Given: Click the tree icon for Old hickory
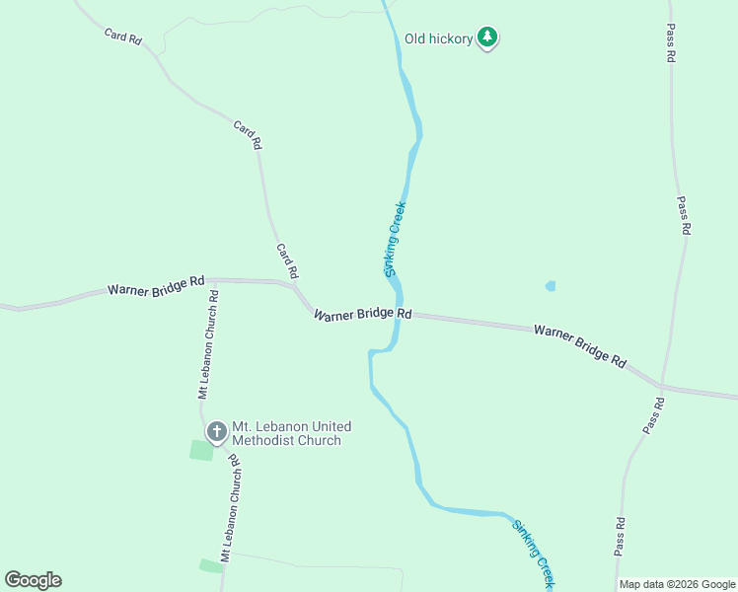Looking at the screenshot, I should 486,37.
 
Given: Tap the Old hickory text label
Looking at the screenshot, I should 439,39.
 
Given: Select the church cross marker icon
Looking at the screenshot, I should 216,431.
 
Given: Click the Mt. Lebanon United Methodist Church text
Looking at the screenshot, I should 290,433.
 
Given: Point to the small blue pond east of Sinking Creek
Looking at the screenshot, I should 551,286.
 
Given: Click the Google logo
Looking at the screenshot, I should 33,580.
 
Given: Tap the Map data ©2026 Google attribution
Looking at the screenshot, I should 678,584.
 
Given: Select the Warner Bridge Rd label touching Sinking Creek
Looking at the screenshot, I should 362,314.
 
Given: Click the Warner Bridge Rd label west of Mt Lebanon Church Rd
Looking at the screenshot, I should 156,286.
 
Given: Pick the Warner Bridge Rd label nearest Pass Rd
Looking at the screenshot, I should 580,344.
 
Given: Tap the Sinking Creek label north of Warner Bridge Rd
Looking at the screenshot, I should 395,239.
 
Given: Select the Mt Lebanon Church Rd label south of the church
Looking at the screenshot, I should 233,509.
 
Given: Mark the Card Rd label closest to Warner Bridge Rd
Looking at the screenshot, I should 287,260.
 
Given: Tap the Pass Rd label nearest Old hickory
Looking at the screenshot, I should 670,43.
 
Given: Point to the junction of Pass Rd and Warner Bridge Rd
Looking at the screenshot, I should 659,386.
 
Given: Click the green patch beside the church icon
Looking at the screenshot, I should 201,450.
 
